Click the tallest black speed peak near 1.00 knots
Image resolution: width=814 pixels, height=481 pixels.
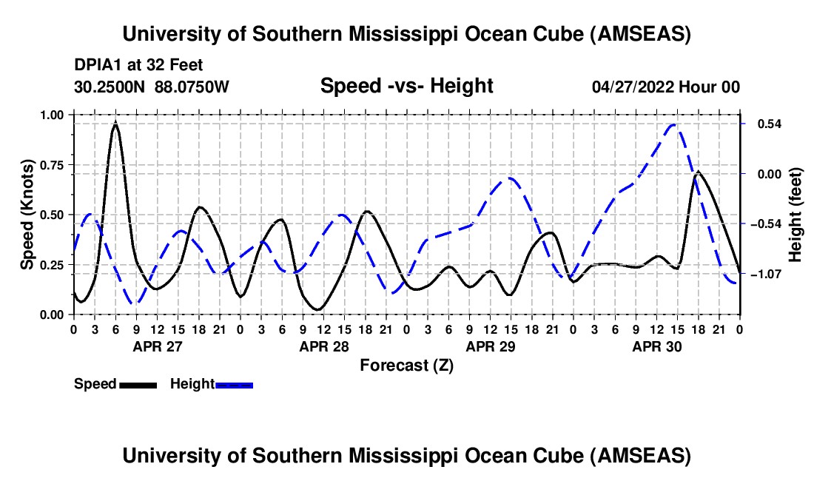point(115,125)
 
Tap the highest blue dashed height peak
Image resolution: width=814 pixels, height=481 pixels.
point(673,125)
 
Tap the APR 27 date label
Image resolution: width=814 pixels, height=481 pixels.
point(157,346)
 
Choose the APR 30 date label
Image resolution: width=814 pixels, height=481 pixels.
point(656,346)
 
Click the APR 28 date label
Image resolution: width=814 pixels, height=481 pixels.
point(323,346)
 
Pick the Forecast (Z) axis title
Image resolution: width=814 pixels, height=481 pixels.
point(406,365)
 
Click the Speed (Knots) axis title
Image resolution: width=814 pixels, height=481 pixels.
point(28,214)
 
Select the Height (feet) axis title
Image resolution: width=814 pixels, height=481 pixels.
point(795,214)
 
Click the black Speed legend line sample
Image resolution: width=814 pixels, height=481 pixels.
point(137,384)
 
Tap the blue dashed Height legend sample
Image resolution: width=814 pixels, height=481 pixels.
point(234,384)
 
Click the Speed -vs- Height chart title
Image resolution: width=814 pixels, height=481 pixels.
point(406,86)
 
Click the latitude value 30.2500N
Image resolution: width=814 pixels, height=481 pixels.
point(110,87)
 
